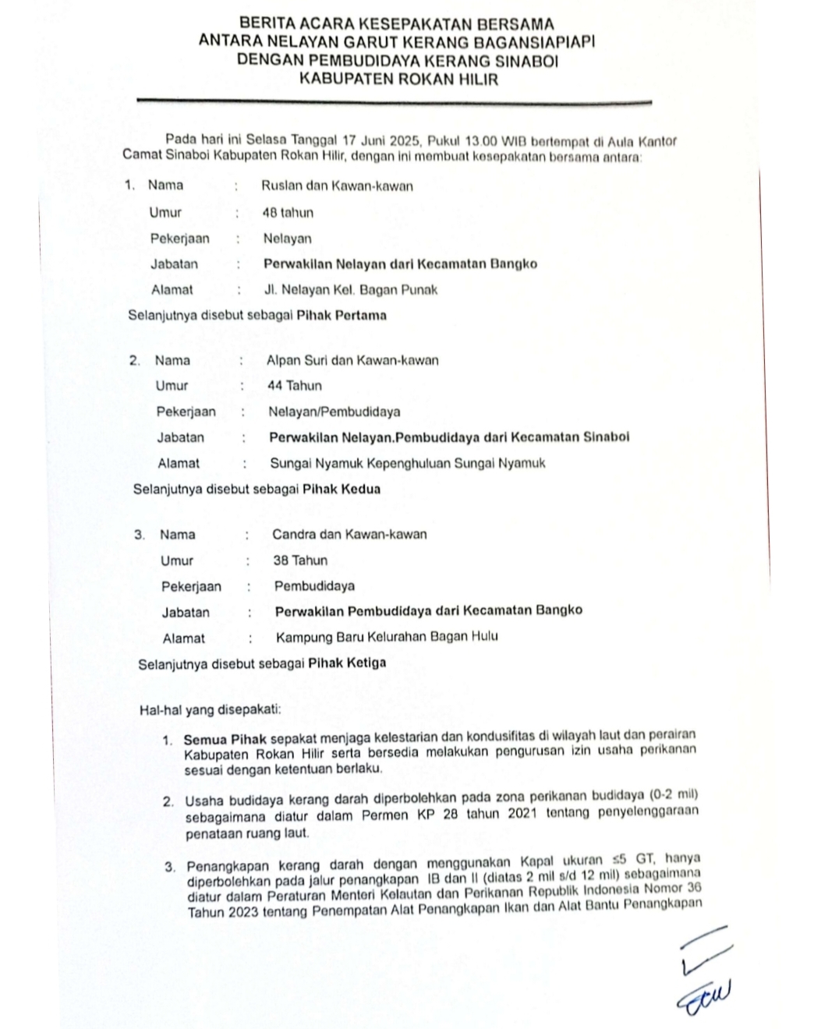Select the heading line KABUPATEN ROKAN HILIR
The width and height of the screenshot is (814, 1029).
398,79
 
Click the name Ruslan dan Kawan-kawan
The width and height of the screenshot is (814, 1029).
337,186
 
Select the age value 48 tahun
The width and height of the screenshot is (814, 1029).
288,212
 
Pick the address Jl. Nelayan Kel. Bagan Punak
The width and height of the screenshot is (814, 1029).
351,290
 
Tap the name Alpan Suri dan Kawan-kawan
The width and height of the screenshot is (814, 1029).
352,360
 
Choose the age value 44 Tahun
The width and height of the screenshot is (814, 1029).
294,385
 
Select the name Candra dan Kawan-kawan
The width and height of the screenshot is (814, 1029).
349,535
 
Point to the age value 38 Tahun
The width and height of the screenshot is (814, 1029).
300,560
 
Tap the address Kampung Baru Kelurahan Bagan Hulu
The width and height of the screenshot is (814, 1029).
387,637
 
